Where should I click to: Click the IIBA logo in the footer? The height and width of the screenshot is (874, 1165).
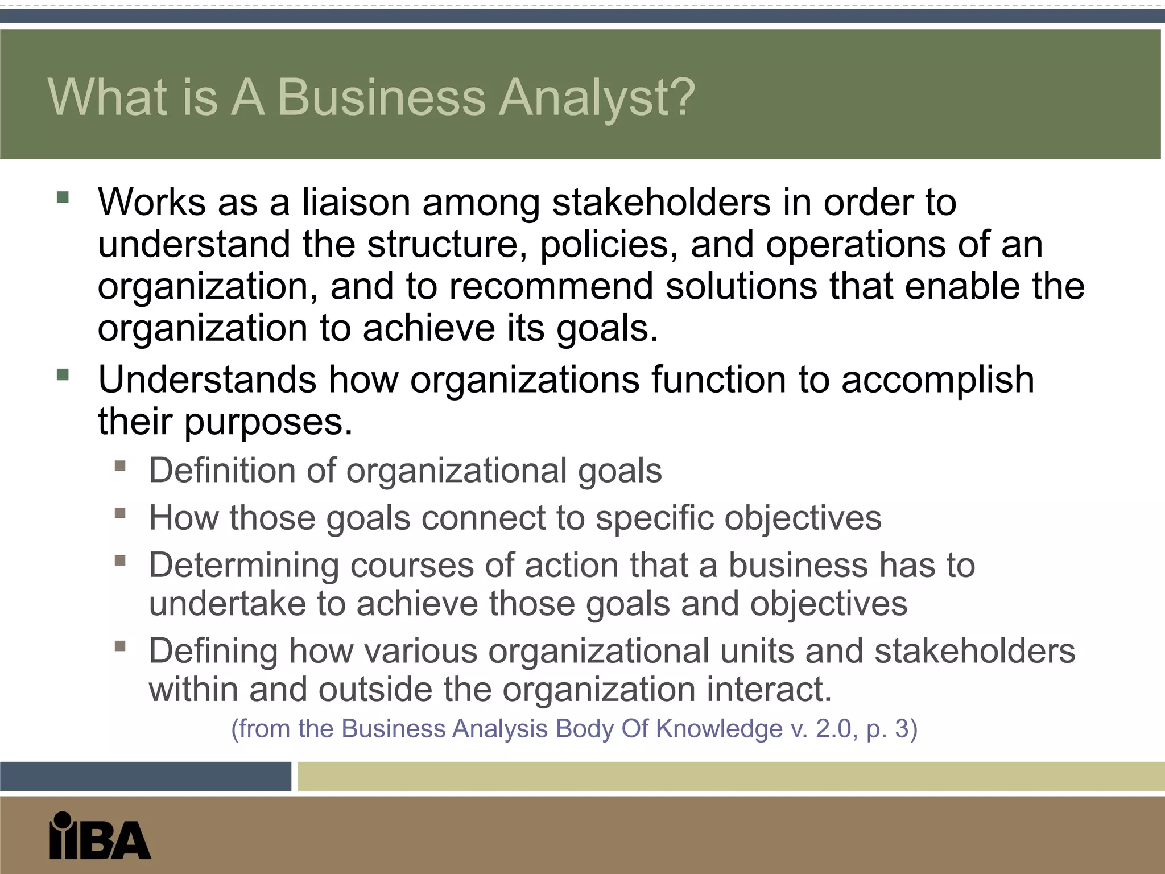tap(100, 835)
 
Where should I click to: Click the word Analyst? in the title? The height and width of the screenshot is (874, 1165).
tap(597, 98)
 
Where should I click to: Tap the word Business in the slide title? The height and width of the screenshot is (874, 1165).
tap(382, 97)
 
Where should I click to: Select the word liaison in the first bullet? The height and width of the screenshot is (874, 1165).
tap(356, 202)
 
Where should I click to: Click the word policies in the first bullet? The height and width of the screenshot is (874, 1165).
tap(609, 245)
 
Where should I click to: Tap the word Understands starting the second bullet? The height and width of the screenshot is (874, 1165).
tap(207, 380)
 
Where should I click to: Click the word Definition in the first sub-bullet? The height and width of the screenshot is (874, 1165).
tap(222, 471)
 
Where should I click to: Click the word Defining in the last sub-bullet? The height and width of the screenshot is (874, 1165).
tap(213, 652)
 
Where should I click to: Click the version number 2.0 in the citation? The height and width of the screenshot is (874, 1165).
tap(835, 729)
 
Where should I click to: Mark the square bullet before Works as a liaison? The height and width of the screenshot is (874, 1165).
tap(63, 198)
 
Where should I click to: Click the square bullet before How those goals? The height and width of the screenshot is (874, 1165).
tap(120, 514)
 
